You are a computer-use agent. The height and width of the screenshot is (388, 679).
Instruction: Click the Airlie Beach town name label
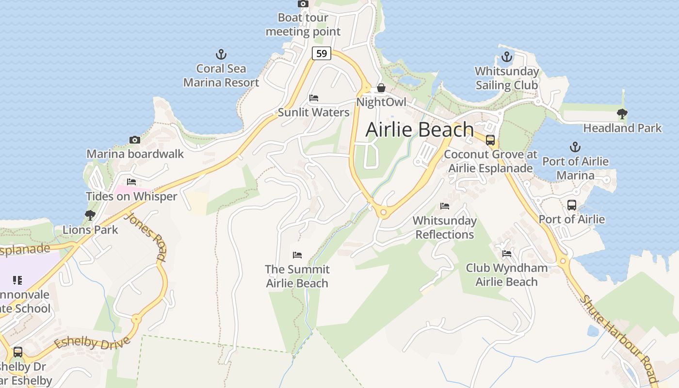click(x=420, y=129)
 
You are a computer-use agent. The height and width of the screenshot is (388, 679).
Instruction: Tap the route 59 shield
click(x=322, y=53)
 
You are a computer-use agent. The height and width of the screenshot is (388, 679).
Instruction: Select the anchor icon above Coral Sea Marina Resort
click(x=221, y=54)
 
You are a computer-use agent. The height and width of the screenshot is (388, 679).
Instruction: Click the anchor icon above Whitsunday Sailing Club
click(x=507, y=57)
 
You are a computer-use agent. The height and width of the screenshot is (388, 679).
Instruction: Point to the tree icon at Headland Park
click(x=622, y=114)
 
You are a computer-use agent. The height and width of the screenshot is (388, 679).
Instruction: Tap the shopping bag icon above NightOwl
click(x=381, y=88)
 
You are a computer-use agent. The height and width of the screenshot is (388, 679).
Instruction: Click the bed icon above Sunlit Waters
click(x=314, y=98)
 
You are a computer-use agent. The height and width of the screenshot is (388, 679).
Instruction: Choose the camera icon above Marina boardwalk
click(x=135, y=140)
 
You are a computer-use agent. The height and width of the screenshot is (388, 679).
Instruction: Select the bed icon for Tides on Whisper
click(x=131, y=182)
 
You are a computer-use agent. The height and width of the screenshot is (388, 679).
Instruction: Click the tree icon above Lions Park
click(x=90, y=215)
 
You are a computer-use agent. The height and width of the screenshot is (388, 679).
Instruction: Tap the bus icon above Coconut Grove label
click(x=490, y=140)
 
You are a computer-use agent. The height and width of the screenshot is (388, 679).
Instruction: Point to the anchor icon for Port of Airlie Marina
click(x=575, y=146)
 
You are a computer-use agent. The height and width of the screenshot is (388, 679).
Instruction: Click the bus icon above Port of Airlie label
click(x=572, y=205)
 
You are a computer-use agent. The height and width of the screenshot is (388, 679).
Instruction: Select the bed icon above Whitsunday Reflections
click(x=445, y=206)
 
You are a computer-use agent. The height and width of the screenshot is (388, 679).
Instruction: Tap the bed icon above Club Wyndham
click(x=507, y=253)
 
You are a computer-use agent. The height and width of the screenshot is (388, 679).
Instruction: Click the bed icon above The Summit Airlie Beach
click(x=297, y=255)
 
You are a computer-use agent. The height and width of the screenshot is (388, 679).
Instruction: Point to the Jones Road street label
click(x=145, y=236)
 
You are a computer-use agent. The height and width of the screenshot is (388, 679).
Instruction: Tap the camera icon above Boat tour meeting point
click(x=303, y=4)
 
